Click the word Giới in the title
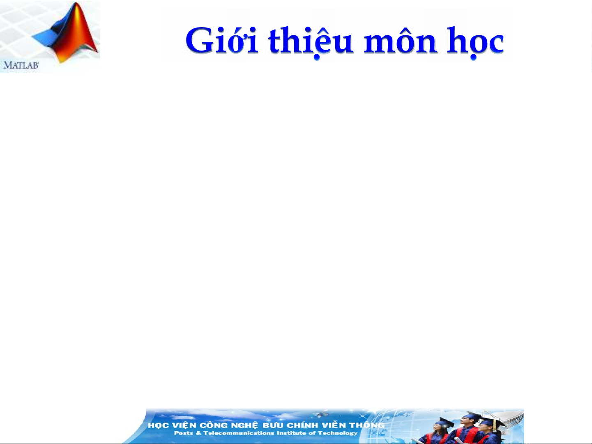click(222, 40)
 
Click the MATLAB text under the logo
click(21, 65)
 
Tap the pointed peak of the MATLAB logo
click(76, 4)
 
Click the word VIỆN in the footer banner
click(184, 425)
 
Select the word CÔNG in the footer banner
click(213, 425)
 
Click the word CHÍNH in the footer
click(302, 425)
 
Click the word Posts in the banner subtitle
click(184, 433)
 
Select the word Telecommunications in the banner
click(239, 433)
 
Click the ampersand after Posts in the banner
click(198, 433)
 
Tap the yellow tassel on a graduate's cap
click(495, 425)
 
